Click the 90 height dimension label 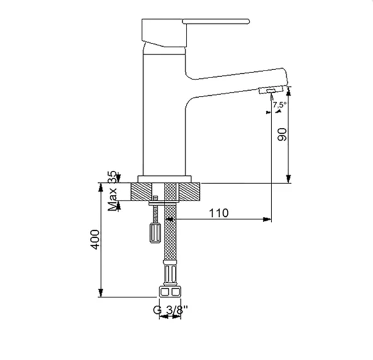(x=282, y=134)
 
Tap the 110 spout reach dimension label (x=219, y=213)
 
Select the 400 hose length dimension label (x=96, y=240)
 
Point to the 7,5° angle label (x=280, y=105)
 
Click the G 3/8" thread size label (x=170, y=310)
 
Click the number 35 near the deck (x=112, y=177)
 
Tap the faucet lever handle (x=216, y=21)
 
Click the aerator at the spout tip (x=271, y=90)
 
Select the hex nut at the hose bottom (x=169, y=291)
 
